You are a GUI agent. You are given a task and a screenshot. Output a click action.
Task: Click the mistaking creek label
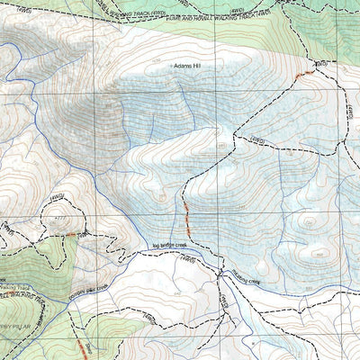tap(241, 281)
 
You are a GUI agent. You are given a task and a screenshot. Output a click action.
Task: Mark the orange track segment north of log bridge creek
tap(187, 214)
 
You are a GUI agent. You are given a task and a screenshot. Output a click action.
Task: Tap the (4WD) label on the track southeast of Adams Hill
tap(256, 139)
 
